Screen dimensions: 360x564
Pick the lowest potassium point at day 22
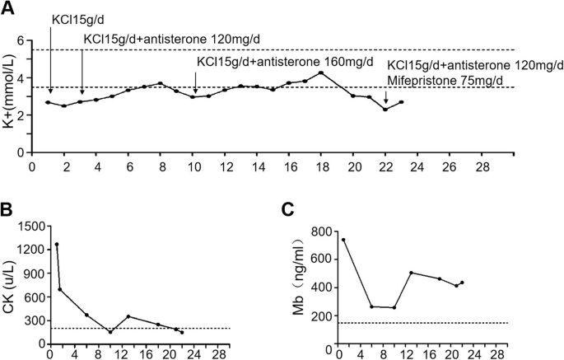pos(385,110)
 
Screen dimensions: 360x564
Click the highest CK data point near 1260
pos(57,244)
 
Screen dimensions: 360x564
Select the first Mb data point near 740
pos(343,240)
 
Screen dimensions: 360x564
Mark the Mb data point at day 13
pos(410,273)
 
